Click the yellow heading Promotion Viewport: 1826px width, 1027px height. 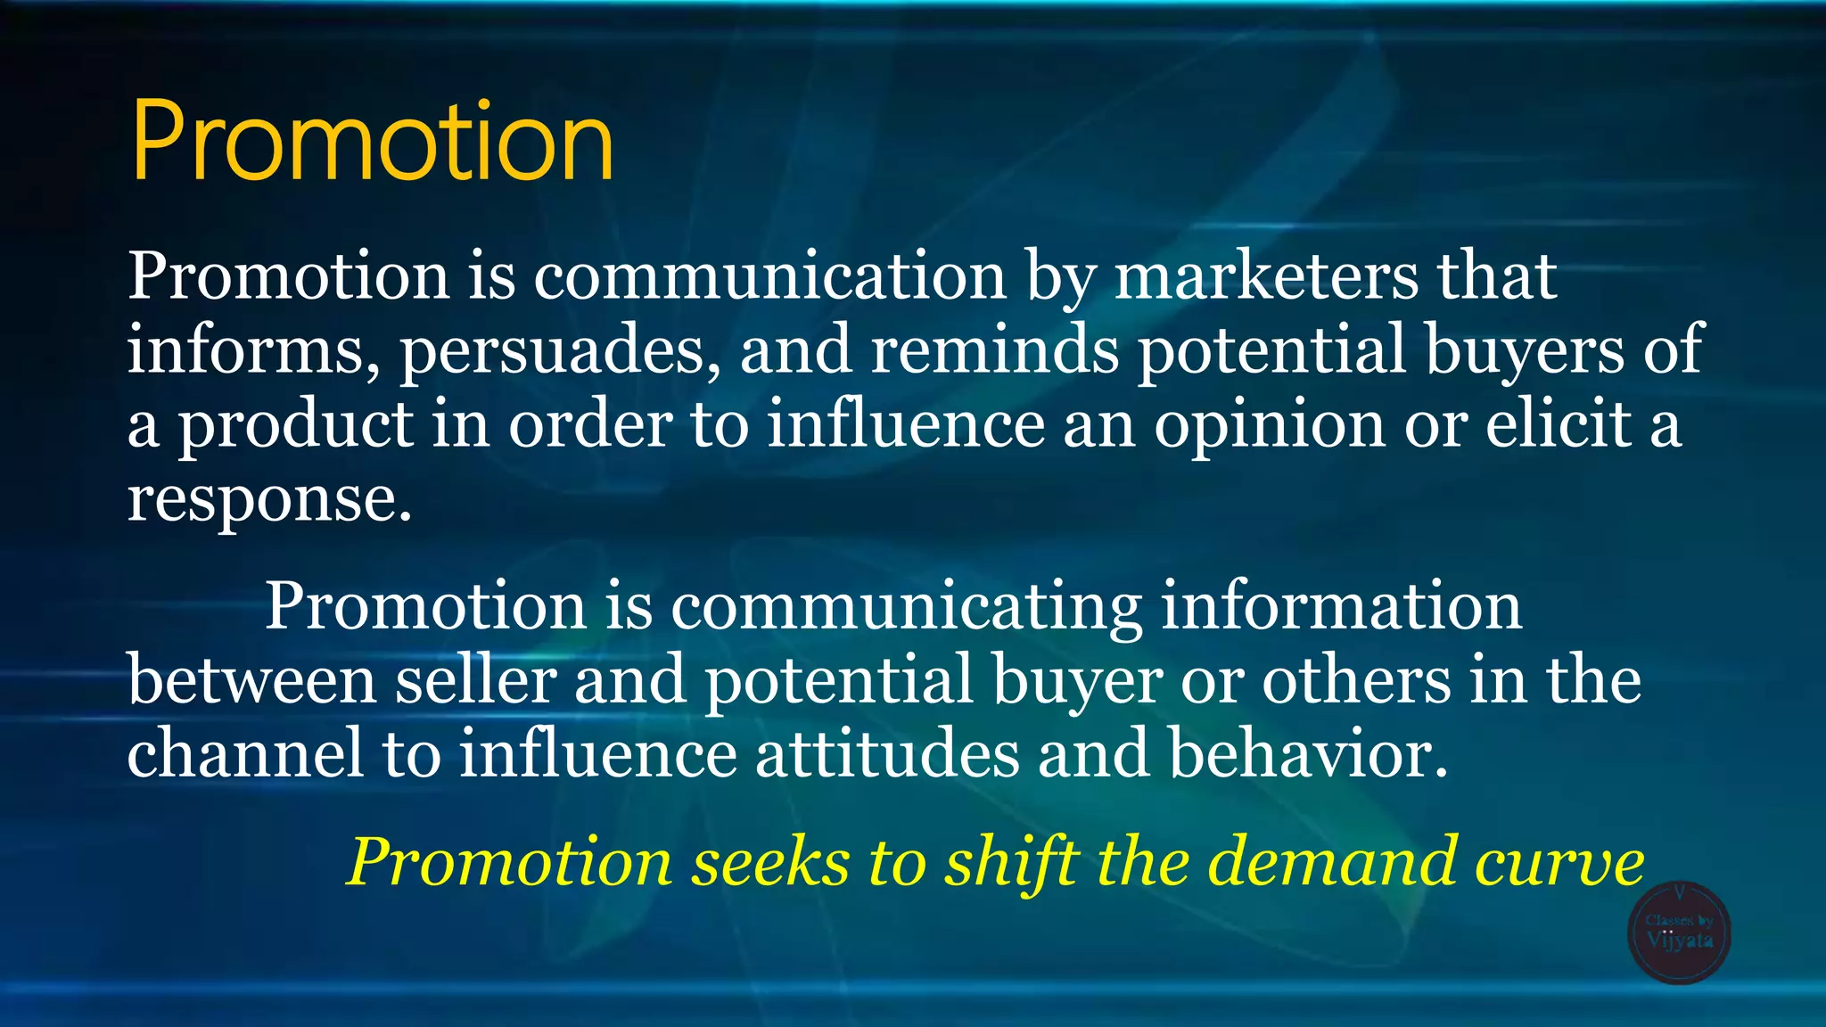[373, 142]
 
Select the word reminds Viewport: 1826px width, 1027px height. [994, 349]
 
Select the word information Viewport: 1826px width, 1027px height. [1341, 606]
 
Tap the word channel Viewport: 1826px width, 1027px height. [245, 754]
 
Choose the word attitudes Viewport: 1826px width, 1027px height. [887, 754]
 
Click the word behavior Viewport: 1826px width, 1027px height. [1308, 754]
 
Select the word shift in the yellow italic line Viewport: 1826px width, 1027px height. [1010, 863]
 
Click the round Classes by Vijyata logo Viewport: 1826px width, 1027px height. [1679, 933]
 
